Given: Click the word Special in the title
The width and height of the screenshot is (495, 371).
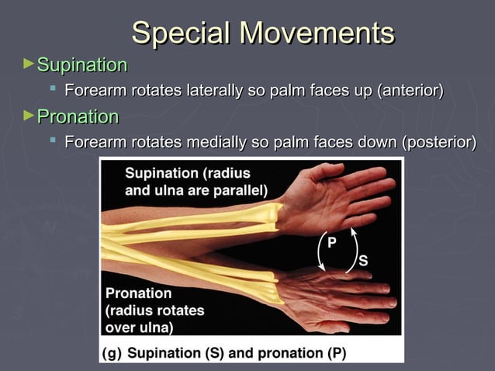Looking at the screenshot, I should [x=181, y=33].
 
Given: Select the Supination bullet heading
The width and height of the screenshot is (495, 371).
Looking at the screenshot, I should [x=81, y=64].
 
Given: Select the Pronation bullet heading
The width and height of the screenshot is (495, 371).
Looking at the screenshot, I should [x=78, y=117].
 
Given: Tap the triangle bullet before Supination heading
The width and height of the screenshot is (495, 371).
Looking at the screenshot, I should [x=29, y=63].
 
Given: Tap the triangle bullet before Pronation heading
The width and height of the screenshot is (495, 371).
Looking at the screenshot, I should [x=29, y=116].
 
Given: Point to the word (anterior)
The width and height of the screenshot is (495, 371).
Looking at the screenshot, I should [x=410, y=92].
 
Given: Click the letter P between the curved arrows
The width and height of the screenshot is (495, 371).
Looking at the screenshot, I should [x=331, y=242].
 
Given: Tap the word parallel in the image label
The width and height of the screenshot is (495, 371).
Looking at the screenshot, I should [x=241, y=189].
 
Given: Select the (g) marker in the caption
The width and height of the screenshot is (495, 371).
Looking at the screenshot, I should [x=112, y=353].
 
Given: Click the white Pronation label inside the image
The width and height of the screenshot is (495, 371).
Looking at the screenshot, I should [x=138, y=293].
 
